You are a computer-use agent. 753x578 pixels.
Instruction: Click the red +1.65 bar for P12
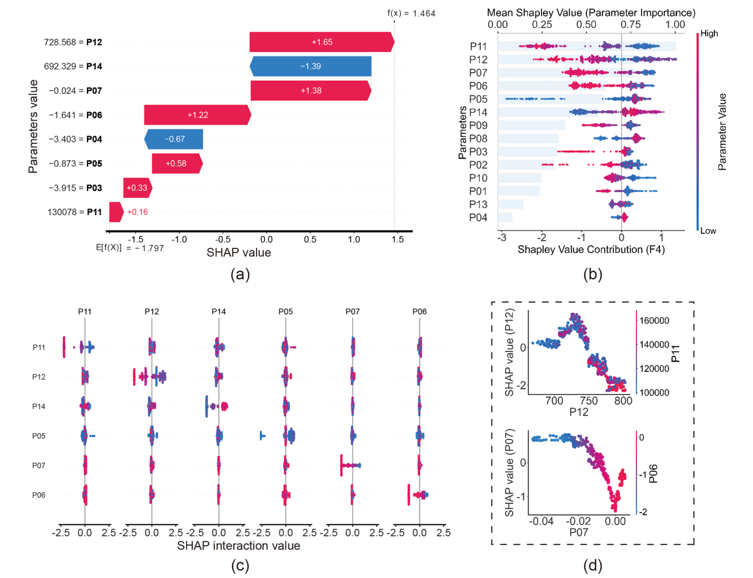[x=322, y=42]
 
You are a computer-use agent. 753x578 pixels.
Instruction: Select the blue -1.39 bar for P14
[x=310, y=66]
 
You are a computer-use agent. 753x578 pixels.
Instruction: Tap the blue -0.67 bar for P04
[x=174, y=139]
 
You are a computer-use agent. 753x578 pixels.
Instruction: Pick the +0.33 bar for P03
[x=138, y=188]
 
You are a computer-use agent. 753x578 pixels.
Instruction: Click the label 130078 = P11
[x=75, y=212]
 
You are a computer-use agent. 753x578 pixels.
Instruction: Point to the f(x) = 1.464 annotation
[x=411, y=13]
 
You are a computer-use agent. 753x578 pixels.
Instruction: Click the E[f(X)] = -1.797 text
[x=129, y=248]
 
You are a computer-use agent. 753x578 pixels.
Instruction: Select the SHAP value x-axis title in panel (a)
[x=239, y=252]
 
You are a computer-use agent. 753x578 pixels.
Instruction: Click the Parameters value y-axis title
[x=33, y=126]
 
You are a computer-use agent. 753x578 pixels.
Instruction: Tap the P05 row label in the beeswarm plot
[x=478, y=99]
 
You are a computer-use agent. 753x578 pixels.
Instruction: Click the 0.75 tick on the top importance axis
[x=631, y=25]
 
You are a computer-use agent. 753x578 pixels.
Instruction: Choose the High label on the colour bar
[x=709, y=33]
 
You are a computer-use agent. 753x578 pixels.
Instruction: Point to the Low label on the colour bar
[x=708, y=231]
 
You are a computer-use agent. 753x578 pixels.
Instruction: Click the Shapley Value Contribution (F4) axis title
[x=591, y=249]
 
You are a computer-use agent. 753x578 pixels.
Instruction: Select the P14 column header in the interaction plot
[x=219, y=311]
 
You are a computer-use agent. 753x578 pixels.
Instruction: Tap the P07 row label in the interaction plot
[x=39, y=465]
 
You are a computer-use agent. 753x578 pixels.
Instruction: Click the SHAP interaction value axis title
[x=239, y=546]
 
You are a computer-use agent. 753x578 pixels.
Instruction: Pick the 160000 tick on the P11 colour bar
[x=654, y=320]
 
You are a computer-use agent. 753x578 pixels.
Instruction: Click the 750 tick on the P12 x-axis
[x=589, y=401]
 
